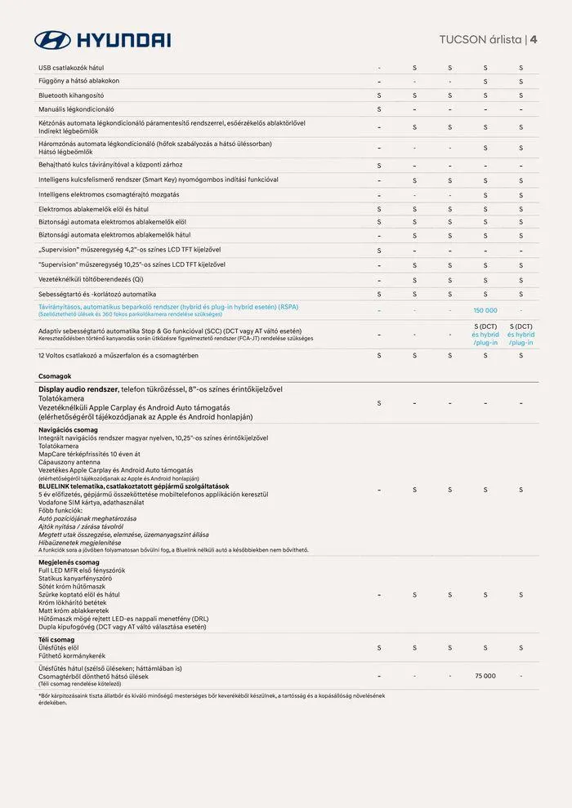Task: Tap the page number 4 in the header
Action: [534, 38]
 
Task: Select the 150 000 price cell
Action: [485, 310]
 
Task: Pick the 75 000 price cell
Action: [485, 676]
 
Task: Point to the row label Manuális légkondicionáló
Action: [76, 109]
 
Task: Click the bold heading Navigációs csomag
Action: [68, 429]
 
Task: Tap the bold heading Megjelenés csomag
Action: [69, 562]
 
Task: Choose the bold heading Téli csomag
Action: [56, 639]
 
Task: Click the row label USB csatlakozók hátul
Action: [71, 67]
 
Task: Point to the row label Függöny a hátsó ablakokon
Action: [78, 81]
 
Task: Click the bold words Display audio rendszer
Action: [78, 389]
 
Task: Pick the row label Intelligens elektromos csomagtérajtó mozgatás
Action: [109, 194]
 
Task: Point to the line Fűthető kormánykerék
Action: [72, 655]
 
